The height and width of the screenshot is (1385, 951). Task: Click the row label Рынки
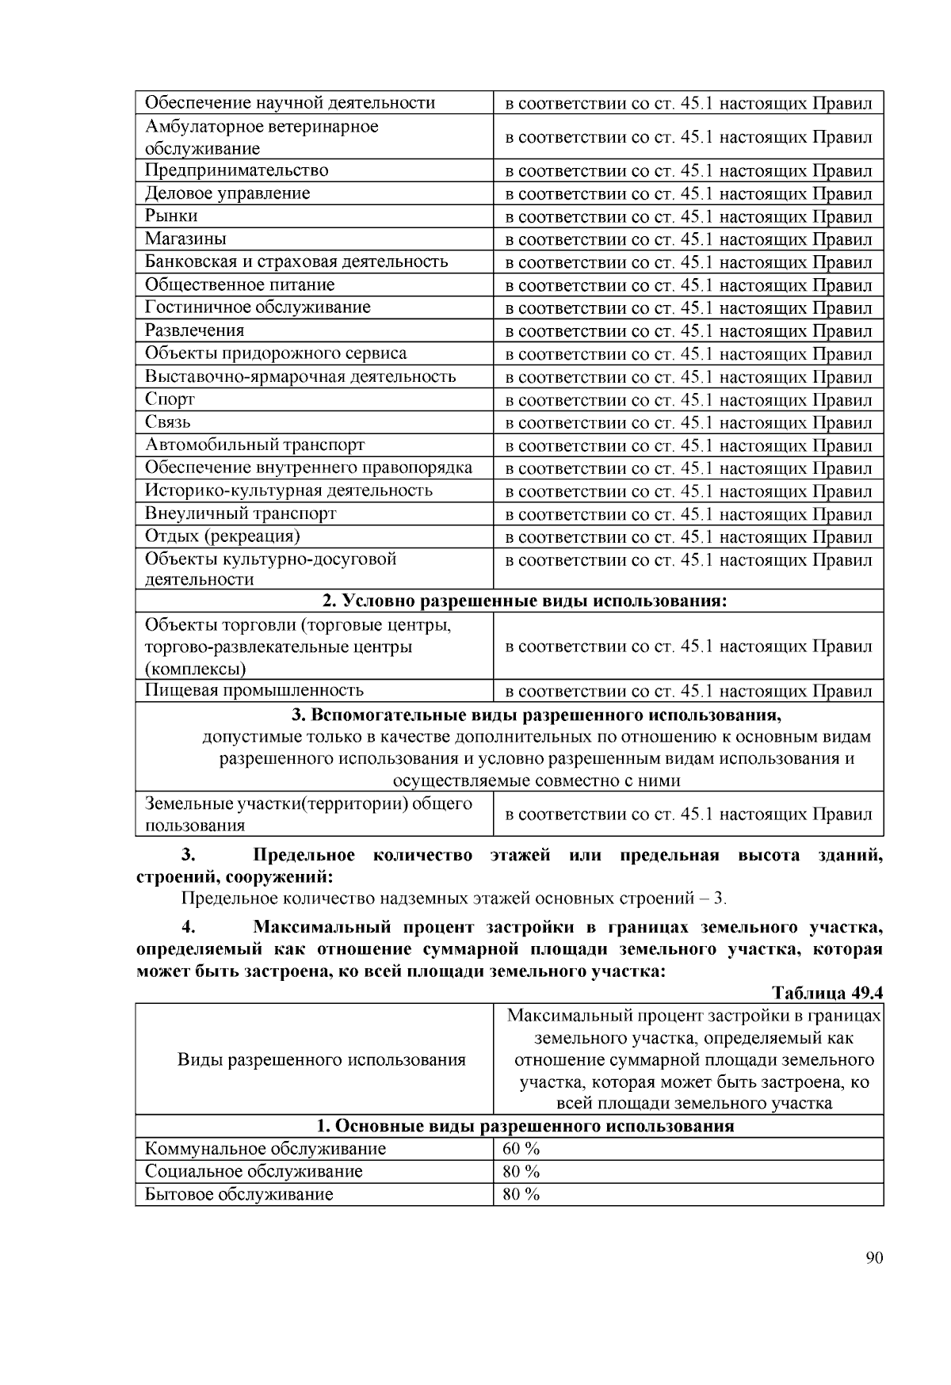pyautogui.click(x=171, y=216)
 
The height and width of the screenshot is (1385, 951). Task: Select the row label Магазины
pyautogui.click(x=185, y=239)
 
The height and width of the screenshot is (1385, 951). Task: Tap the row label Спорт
pyautogui.click(x=170, y=399)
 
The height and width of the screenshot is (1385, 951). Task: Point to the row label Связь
pyautogui.click(x=167, y=422)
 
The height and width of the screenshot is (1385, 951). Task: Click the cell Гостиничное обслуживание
pyautogui.click(x=258, y=307)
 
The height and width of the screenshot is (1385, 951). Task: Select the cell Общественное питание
pyautogui.click(x=239, y=284)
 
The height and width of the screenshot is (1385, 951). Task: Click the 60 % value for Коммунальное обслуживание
pyautogui.click(x=521, y=1149)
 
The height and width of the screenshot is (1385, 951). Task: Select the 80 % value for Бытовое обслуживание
pyautogui.click(x=521, y=1194)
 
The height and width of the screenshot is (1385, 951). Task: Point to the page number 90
pyautogui.click(x=874, y=1258)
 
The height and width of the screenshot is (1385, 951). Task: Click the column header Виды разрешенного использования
pyautogui.click(x=321, y=1059)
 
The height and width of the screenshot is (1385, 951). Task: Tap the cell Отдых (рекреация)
pyautogui.click(x=222, y=536)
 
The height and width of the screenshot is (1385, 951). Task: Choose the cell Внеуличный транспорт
pyautogui.click(x=240, y=513)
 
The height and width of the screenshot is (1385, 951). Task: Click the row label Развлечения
pyautogui.click(x=194, y=330)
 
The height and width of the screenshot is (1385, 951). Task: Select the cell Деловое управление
pyautogui.click(x=227, y=193)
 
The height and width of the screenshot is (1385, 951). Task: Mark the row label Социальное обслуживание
pyautogui.click(x=254, y=1171)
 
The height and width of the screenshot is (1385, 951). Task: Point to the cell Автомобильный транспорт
pyautogui.click(x=254, y=445)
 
